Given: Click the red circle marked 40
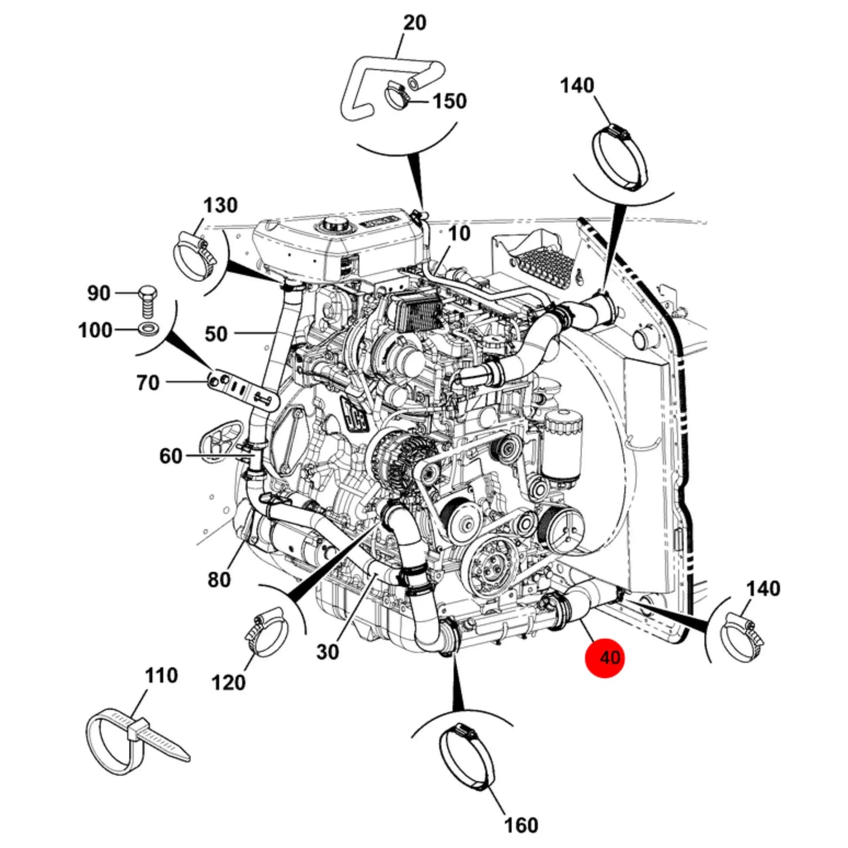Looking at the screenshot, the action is point(604,657).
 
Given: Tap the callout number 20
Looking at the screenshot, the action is point(414,23).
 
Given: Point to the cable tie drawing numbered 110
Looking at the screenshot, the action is point(137,741).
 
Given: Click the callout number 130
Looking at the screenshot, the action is point(220,205).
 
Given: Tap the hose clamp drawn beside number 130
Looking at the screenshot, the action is point(194,259).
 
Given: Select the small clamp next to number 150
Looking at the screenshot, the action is point(397,96).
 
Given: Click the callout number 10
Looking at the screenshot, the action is point(459,233).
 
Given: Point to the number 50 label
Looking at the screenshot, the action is point(216,335).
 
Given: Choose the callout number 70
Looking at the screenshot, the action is point(147,383).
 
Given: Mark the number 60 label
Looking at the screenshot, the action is point(170,456).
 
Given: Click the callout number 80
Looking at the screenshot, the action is point(219,580).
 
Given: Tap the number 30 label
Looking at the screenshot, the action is point(327,652).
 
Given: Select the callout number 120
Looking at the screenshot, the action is point(228,683).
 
